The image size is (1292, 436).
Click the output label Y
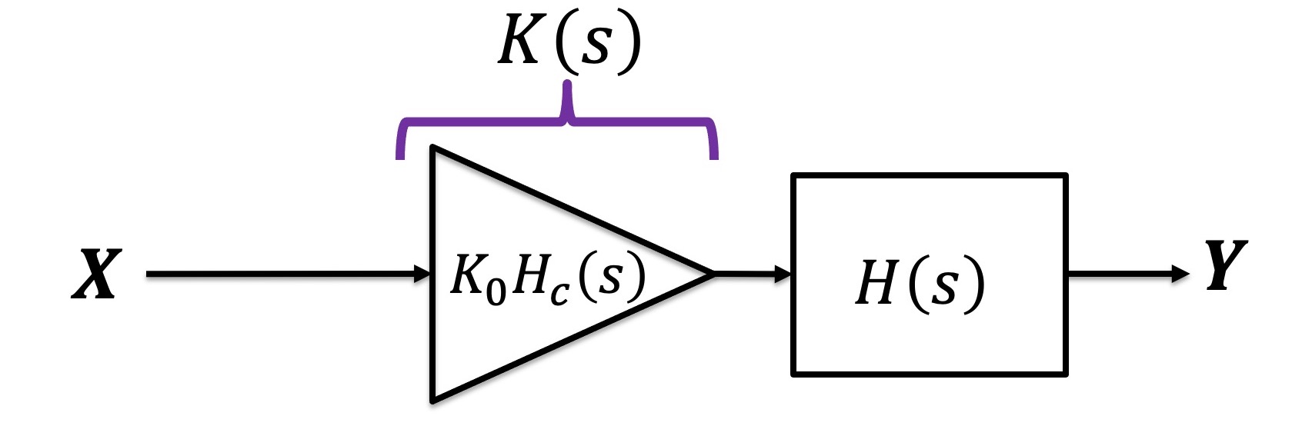(1226, 265)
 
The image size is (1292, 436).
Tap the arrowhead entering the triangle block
(422, 274)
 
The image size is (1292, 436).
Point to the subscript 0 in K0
(496, 290)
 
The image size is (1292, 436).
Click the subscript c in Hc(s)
(559, 291)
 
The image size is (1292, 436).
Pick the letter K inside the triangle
(467, 275)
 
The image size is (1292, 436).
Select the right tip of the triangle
(713, 273)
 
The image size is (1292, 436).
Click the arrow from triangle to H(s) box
(750, 273)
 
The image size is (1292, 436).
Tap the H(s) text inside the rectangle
(920, 282)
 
